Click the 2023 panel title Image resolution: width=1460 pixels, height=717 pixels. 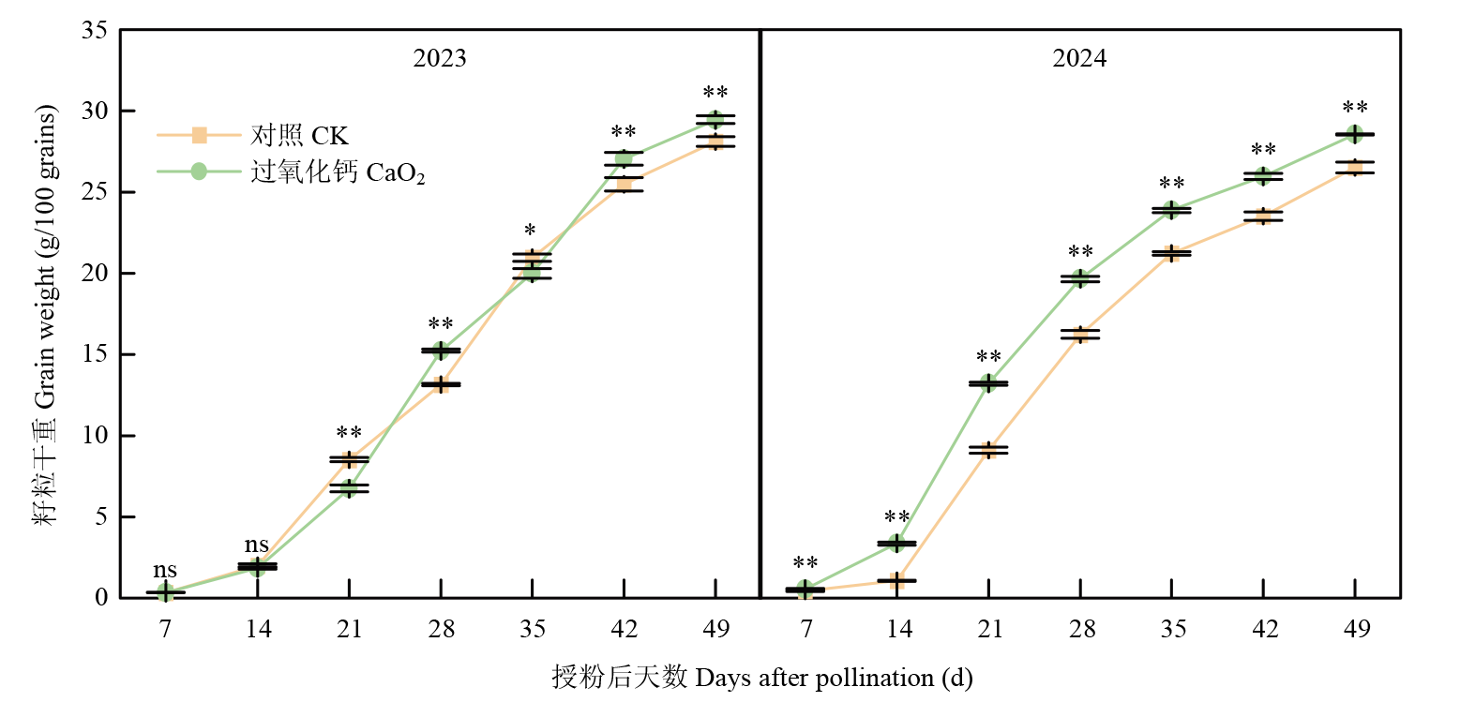coord(440,59)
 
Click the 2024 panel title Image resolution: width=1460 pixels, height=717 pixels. coord(1079,59)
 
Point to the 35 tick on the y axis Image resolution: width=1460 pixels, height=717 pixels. coord(100,31)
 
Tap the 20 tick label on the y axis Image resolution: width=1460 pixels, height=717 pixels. coord(100,274)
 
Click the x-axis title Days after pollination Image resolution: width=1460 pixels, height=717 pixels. coord(761,678)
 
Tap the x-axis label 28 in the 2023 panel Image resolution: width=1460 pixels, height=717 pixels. coord(441,628)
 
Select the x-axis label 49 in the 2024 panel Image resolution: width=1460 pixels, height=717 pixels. coord(1355,628)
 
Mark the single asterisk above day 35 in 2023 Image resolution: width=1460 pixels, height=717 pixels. coord(531,232)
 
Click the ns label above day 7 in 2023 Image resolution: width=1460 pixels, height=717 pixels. coord(165,571)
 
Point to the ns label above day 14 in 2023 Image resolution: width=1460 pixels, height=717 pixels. coord(257,545)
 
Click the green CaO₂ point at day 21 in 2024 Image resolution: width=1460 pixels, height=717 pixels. coord(988,383)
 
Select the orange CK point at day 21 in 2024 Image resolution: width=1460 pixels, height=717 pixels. coord(988,450)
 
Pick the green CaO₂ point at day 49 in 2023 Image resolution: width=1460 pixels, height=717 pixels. coord(715,119)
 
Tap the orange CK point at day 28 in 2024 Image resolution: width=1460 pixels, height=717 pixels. coord(1080,335)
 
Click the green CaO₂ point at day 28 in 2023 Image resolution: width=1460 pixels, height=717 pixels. coord(441,351)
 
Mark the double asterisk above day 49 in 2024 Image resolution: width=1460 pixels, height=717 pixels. coord(1355,108)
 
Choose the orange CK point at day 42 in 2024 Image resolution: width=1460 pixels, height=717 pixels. coord(1263,217)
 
